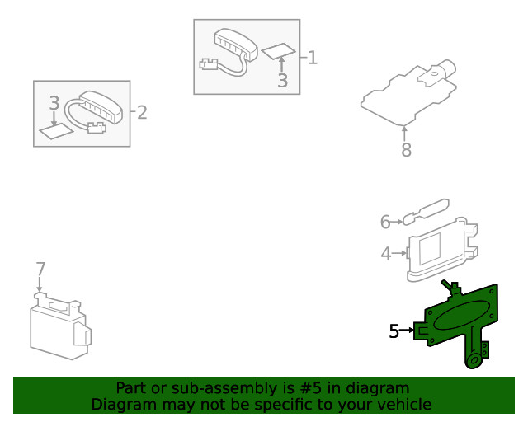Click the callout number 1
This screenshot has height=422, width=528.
point(312,58)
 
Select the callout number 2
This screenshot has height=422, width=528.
point(142,112)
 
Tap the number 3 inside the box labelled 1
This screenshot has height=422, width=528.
point(282,81)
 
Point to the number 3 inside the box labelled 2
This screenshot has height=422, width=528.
point(54,103)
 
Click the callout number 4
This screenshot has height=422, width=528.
point(386,254)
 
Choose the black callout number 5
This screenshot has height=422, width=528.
point(394,331)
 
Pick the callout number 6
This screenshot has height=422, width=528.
point(384,222)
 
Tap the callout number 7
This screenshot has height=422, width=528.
point(40,268)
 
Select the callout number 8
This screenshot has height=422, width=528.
point(405,150)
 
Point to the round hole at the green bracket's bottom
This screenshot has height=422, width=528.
point(474,360)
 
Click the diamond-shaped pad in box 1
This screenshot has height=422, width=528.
point(278,52)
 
